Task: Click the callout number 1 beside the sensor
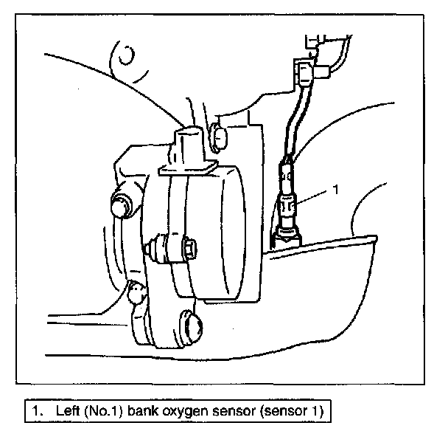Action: [336, 190]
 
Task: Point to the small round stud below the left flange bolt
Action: [135, 293]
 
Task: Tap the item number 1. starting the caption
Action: [34, 407]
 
